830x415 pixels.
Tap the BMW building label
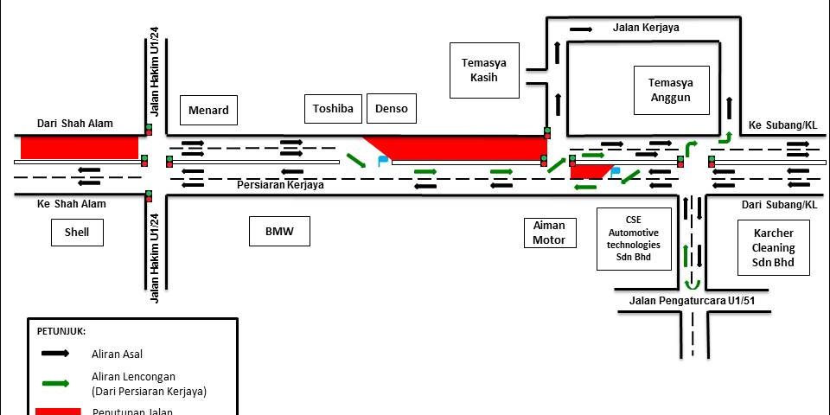pos(280,232)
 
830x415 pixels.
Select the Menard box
pos(207,110)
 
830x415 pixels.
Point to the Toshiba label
pos(333,109)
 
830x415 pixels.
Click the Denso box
pos(391,109)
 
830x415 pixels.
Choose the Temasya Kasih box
pos(484,70)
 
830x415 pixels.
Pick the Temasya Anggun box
pos(671,90)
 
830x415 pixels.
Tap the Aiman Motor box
pos(549,233)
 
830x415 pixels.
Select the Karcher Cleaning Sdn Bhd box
pos(773,248)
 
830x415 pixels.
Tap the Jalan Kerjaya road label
pos(645,28)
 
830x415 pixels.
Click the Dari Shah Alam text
pos(74,124)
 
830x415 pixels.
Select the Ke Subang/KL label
pos(782,125)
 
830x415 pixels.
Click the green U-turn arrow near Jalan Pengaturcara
pos(692,284)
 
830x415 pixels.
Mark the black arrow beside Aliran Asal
pos(55,353)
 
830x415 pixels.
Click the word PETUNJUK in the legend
pos(61,331)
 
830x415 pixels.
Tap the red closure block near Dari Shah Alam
pos(80,147)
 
